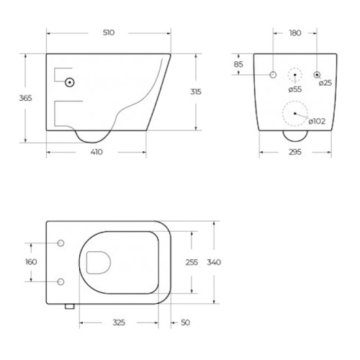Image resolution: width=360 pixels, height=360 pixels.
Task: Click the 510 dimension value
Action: [x=109, y=32]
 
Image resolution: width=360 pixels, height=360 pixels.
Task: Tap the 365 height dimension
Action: [x=25, y=98]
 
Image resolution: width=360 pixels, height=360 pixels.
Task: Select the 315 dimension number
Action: [x=196, y=91]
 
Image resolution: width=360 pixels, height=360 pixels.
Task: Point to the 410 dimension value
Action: [x=96, y=152]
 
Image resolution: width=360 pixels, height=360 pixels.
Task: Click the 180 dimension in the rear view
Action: [x=295, y=33]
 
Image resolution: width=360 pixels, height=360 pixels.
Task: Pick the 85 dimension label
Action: [x=238, y=64]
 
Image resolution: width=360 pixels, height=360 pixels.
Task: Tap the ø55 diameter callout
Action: [x=295, y=89]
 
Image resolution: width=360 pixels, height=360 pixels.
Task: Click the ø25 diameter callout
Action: [x=325, y=83]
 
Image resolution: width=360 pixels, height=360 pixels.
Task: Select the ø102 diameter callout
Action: [x=317, y=122]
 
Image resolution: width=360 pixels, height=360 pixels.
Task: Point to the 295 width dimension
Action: [x=295, y=152]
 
